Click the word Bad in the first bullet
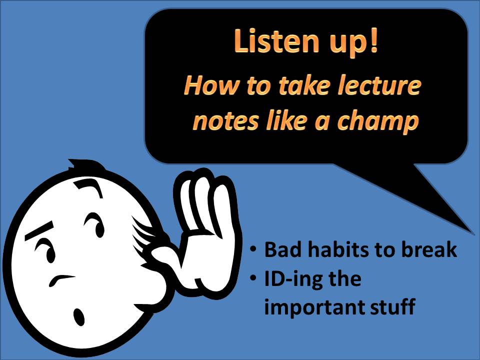(280, 249)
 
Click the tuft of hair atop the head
(80, 164)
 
